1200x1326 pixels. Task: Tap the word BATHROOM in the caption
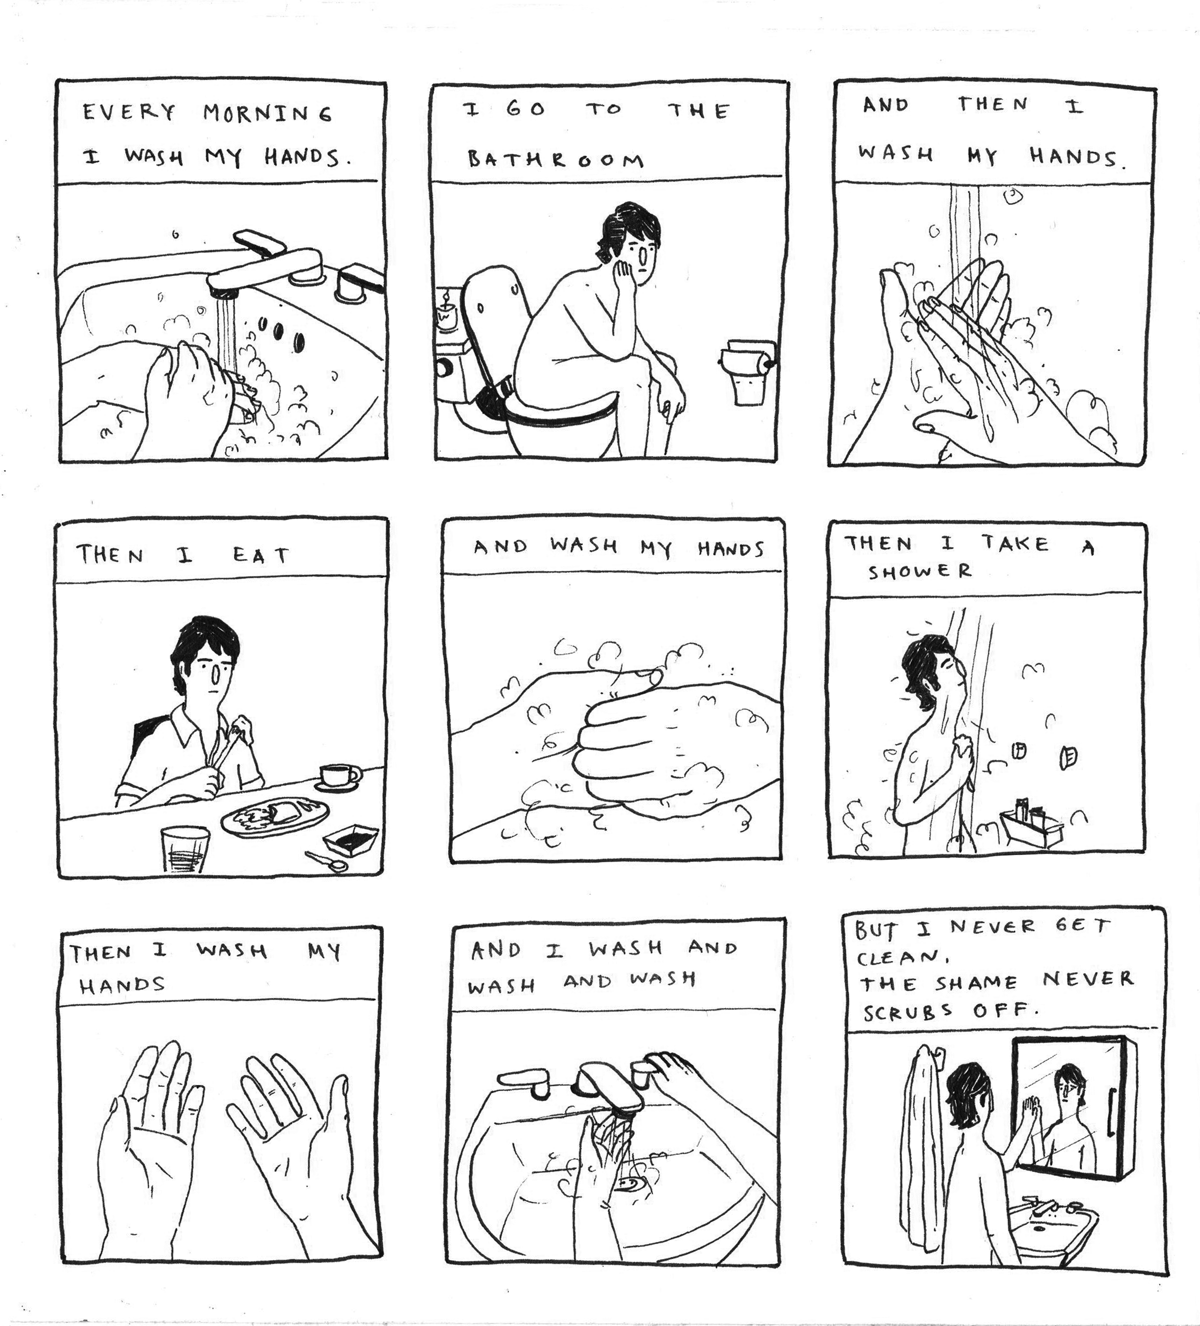click(x=556, y=159)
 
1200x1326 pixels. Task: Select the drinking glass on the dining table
click(x=185, y=848)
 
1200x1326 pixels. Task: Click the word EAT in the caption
click(x=261, y=556)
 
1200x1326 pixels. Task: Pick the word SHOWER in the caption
click(x=919, y=570)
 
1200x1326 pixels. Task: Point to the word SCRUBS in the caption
click(x=907, y=1011)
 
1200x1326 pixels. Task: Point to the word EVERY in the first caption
click(x=129, y=112)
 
